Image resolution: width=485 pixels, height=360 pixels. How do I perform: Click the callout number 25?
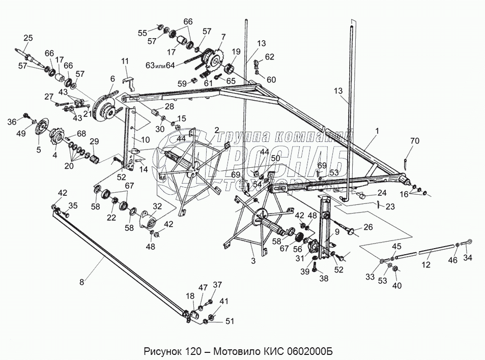(x=28, y=38)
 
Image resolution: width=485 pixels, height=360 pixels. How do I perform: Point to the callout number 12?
(x=425, y=264)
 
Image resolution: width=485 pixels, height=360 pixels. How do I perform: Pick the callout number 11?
(x=125, y=61)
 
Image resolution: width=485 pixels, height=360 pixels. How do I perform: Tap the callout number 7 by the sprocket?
(x=222, y=37)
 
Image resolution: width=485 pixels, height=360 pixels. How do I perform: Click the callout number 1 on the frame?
(x=377, y=130)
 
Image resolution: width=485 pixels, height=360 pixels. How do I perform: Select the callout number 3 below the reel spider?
(x=252, y=260)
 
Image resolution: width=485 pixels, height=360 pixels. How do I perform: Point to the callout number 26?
(x=368, y=227)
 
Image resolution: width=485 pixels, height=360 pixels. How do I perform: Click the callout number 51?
(x=231, y=320)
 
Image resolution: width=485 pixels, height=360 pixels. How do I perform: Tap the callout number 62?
(x=270, y=56)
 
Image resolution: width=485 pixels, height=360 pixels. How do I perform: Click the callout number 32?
(x=157, y=206)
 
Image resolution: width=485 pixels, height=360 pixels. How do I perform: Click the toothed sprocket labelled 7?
(x=214, y=59)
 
